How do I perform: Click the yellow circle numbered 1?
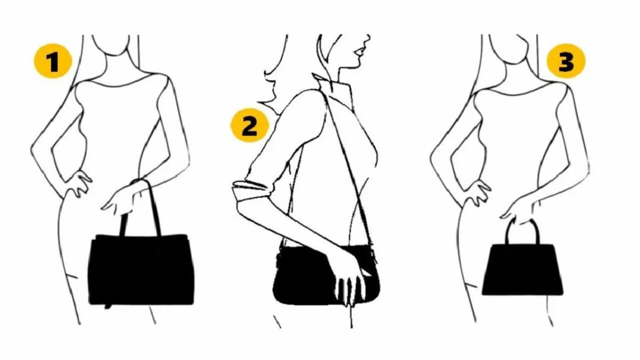pos(53,61)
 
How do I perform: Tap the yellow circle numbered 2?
pos(249,125)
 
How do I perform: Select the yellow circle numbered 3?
pos(565,61)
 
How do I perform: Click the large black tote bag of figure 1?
pos(141,269)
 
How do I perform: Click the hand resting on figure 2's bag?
pos(350,274)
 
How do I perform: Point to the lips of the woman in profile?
pos(359,52)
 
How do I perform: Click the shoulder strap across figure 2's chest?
pos(347,168)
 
